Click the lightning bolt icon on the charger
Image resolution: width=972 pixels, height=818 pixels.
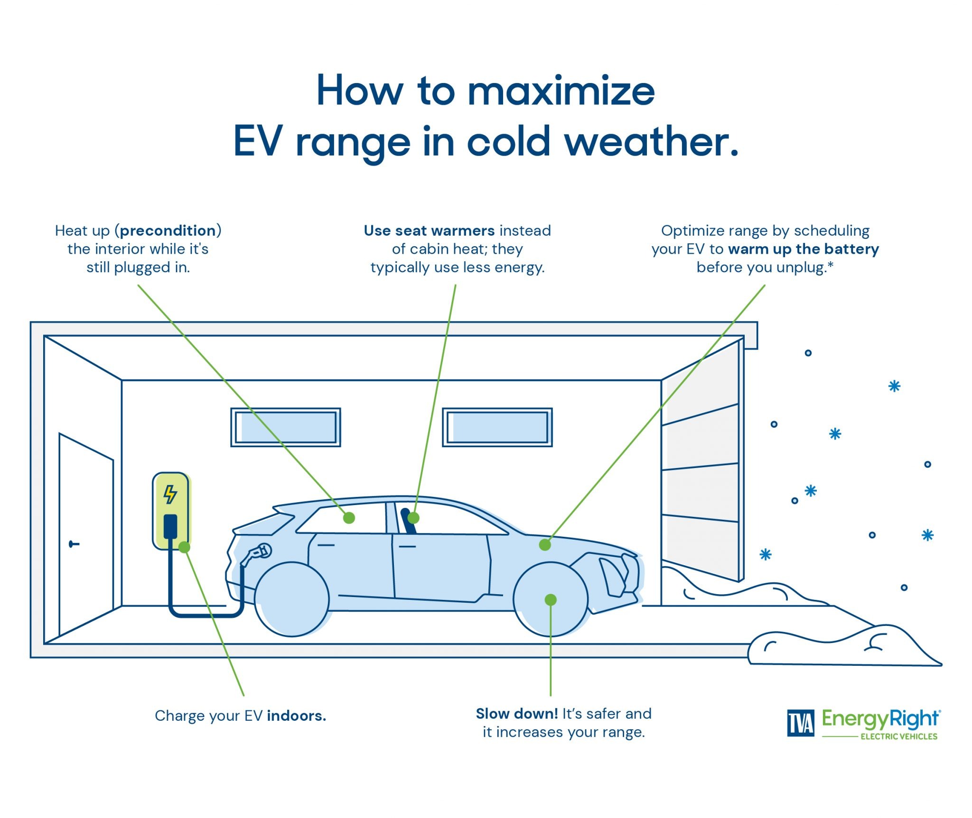pyautogui.click(x=170, y=494)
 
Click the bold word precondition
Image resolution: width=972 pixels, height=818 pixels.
pyautogui.click(x=168, y=230)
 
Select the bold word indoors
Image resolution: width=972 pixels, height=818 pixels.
pyautogui.click(x=296, y=716)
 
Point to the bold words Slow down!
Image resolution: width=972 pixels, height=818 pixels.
pyautogui.click(x=516, y=714)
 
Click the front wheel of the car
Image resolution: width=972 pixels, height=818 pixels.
pyautogui.click(x=551, y=599)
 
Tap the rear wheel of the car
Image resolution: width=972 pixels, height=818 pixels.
pyautogui.click(x=292, y=599)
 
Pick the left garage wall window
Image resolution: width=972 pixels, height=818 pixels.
pyautogui.click(x=286, y=427)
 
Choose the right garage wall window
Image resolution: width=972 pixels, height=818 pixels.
pyautogui.click(x=497, y=427)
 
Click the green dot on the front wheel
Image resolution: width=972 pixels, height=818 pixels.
pyautogui.click(x=551, y=600)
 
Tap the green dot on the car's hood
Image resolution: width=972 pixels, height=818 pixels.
pyautogui.click(x=545, y=545)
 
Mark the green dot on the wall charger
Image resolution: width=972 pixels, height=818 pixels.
pyautogui.click(x=185, y=547)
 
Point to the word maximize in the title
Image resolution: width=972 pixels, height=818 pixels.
pyautogui.click(x=561, y=91)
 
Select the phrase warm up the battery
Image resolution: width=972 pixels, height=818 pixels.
pyautogui.click(x=804, y=249)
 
